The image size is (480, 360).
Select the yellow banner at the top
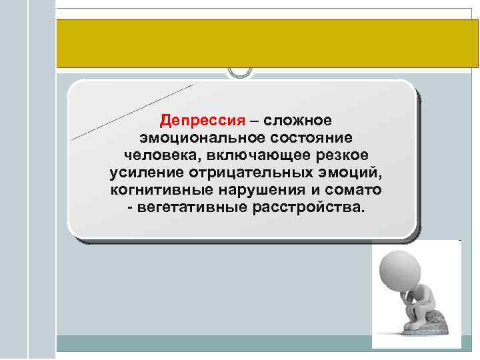pos(267,43)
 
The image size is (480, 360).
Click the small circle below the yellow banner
pos(240,71)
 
